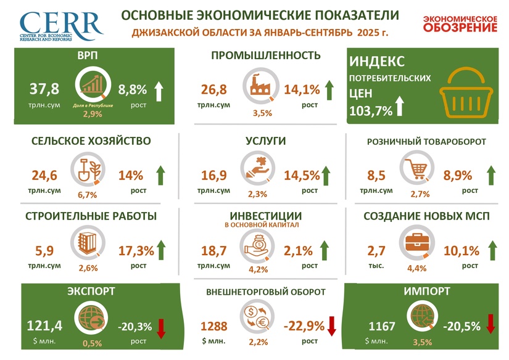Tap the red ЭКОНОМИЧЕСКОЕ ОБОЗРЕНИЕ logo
[x=460, y=23]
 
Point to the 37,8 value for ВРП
[x=44, y=89]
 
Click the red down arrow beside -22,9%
[x=330, y=324]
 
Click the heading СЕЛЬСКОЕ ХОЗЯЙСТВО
[x=91, y=141]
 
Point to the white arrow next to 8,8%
[x=159, y=91]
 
